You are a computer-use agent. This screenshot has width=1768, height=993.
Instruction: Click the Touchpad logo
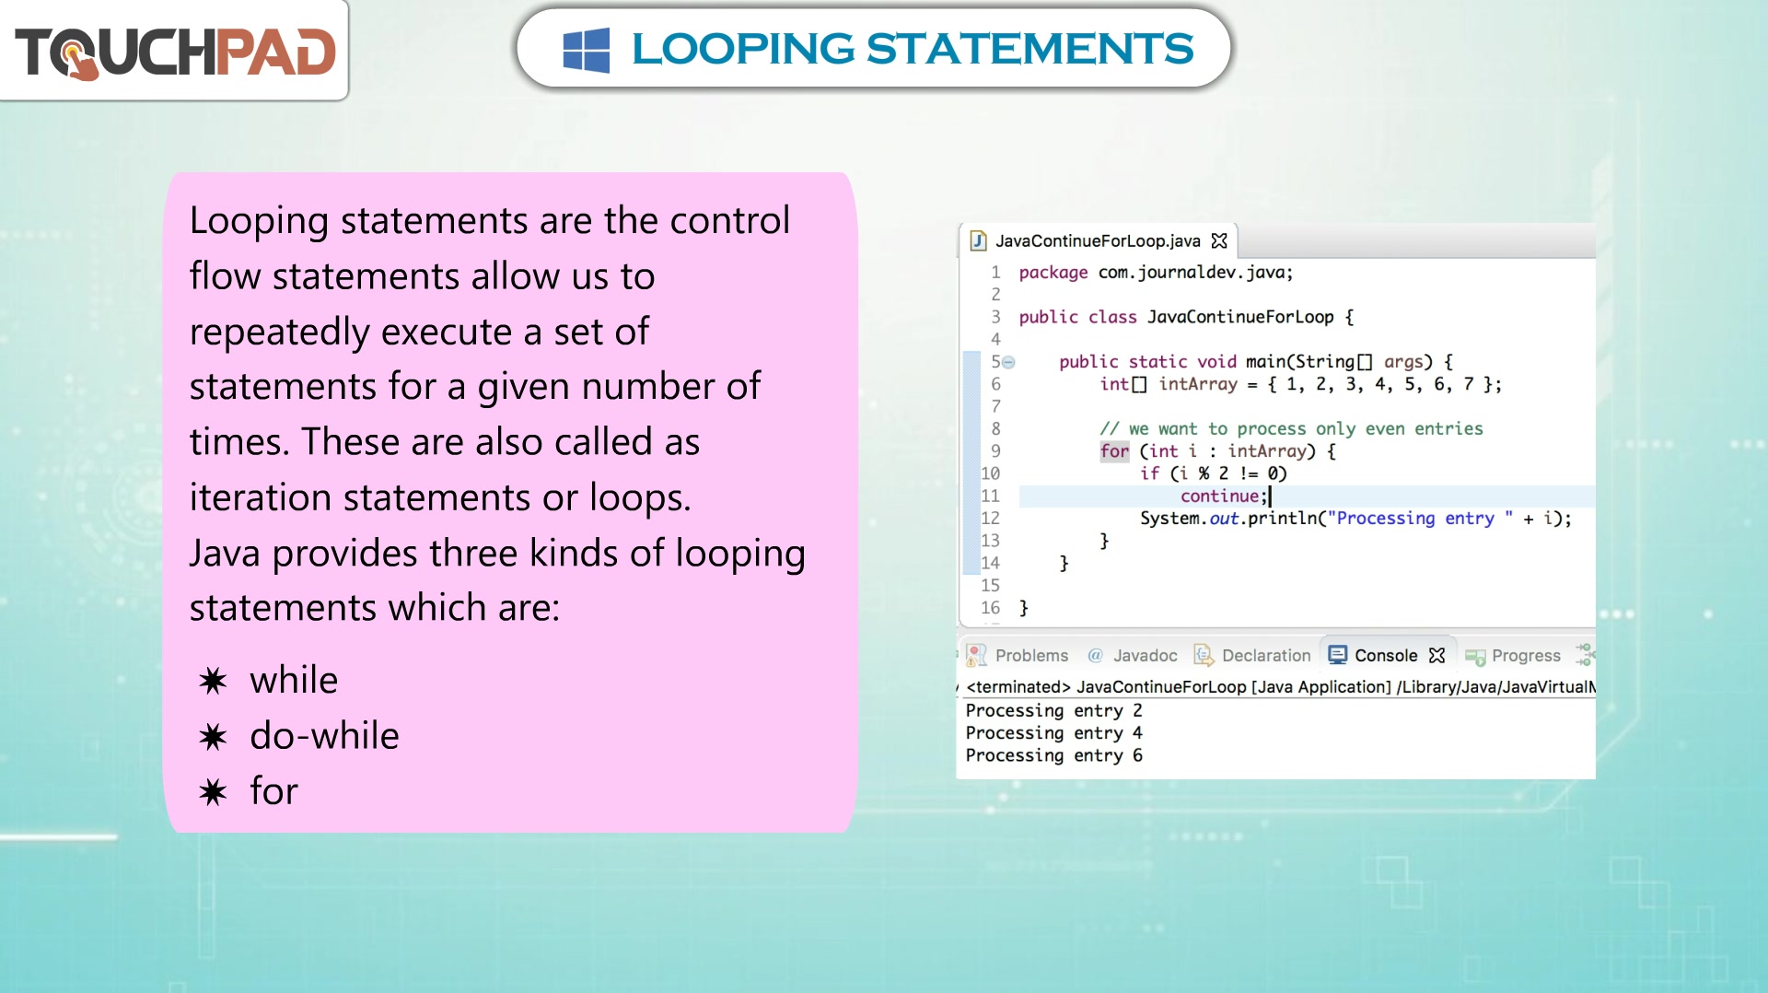175,52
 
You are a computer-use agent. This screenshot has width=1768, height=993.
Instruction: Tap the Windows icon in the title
586,50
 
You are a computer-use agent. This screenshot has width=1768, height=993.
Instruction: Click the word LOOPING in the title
743,49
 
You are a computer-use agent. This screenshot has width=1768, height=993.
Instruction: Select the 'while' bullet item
294,680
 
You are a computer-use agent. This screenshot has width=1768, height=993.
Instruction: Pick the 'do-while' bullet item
324,735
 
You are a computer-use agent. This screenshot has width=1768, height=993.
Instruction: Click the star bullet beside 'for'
213,791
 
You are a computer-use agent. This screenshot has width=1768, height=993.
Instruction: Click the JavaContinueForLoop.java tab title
1098,240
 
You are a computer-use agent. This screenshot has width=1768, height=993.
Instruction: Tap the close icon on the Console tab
1436,655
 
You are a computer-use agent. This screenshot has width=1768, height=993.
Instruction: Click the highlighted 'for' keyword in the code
1114,450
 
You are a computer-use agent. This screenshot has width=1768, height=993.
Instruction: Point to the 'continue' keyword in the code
1219,496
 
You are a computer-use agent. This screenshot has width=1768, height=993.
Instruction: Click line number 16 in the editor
990,607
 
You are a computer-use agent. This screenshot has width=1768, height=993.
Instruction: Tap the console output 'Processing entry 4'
1053,732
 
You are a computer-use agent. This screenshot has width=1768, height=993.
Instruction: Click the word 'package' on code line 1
1053,273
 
